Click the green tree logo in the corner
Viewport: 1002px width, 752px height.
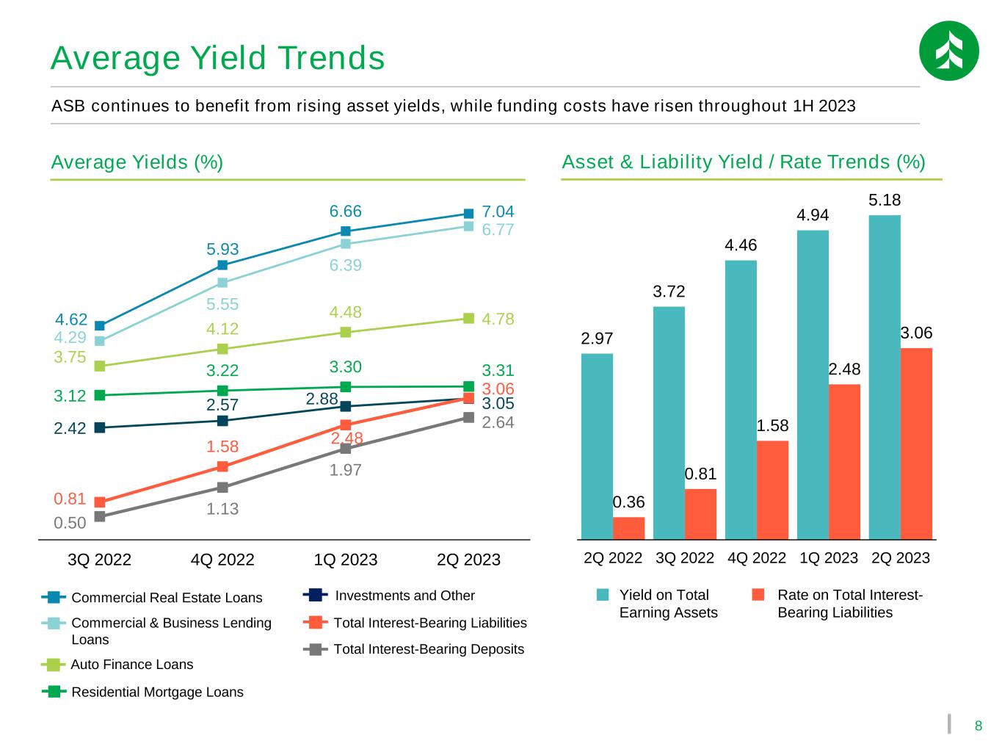pos(948,51)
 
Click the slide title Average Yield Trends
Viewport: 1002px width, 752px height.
pos(218,58)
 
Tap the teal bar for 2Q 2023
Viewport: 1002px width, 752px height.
pos(885,377)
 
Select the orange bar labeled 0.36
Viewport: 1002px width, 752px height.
pos(628,528)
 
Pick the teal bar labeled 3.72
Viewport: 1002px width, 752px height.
pos(668,422)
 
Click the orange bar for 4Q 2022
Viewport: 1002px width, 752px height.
pos(772,490)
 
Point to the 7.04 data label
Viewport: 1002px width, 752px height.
pos(498,211)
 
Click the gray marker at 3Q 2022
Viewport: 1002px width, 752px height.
pos(100,516)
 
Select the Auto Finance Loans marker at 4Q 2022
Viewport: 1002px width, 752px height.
pos(222,350)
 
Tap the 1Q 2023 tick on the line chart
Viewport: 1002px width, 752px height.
pos(345,560)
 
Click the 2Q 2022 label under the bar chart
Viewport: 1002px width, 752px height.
pos(613,557)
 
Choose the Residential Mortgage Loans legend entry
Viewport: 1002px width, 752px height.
pos(142,692)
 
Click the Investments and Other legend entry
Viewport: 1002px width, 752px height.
pos(389,596)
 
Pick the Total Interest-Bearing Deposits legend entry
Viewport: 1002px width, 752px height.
pos(413,648)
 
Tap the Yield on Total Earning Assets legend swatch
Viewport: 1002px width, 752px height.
pos(603,595)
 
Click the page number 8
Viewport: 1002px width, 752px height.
pos(978,726)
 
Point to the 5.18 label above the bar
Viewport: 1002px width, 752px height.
pos(885,200)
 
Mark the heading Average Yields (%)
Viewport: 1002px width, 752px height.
pos(137,162)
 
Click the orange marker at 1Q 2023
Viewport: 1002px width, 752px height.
pos(346,425)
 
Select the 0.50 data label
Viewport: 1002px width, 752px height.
pos(70,523)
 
